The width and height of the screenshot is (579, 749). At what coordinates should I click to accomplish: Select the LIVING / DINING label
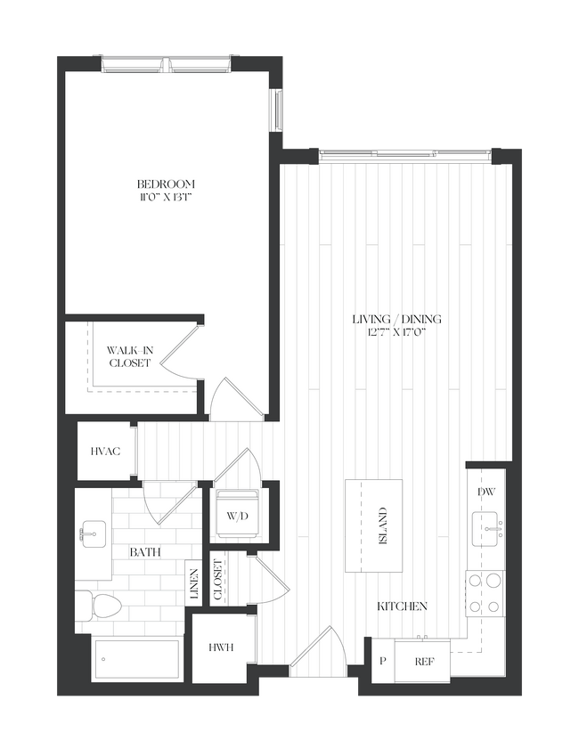tap(396, 320)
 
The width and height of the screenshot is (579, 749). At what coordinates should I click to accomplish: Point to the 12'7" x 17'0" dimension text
tap(396, 333)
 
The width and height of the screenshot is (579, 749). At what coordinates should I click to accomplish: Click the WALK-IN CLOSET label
tap(130, 356)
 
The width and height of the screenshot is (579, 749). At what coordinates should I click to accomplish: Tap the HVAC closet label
tap(105, 452)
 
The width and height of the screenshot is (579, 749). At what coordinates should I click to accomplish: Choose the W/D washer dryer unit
tap(236, 514)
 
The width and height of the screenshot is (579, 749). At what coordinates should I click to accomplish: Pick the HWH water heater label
tap(222, 647)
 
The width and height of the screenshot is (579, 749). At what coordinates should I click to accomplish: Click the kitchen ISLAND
tap(373, 525)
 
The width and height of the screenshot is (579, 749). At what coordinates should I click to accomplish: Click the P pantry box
tap(383, 663)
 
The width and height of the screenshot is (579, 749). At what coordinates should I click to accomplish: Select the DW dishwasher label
tap(486, 491)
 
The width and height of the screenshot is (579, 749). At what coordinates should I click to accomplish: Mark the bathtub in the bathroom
tap(139, 660)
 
